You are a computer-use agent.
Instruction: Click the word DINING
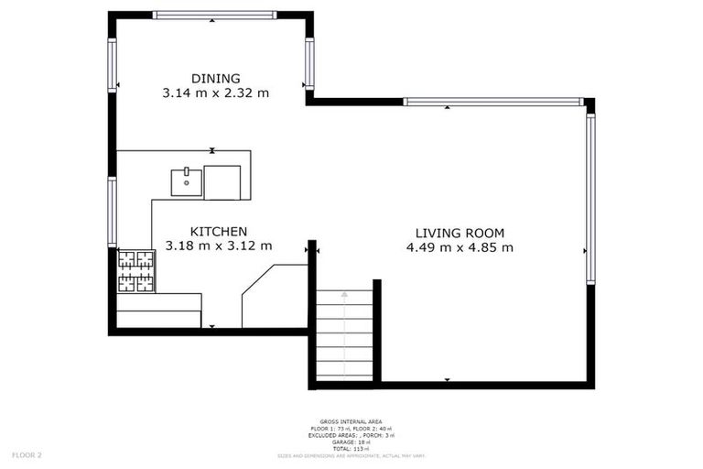tap(215, 78)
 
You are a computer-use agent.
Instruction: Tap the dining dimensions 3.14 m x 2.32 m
tap(215, 93)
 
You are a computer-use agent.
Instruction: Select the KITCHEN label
tap(218, 232)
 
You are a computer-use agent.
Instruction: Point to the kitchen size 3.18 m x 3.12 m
tap(218, 245)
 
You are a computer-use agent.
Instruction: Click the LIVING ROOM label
tap(460, 233)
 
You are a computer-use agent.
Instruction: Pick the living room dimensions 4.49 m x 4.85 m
tap(460, 247)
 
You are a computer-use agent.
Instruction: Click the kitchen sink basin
tap(186, 181)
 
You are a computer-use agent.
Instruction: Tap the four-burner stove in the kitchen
tap(135, 270)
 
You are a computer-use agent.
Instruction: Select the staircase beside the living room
tap(344, 334)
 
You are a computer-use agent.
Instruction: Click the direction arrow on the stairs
tap(345, 295)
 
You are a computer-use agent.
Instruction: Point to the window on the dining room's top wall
tap(214, 15)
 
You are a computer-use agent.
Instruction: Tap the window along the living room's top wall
tap(492, 102)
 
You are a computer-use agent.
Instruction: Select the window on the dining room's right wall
tap(309, 63)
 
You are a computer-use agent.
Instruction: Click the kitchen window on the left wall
tap(113, 212)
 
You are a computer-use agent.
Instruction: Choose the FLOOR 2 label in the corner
tap(27, 454)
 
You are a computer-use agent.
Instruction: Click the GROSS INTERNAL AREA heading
tap(351, 422)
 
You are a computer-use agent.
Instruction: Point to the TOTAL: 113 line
tap(351, 449)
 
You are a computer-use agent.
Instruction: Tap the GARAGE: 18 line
tap(351, 442)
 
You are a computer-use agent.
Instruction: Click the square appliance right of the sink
tap(222, 181)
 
